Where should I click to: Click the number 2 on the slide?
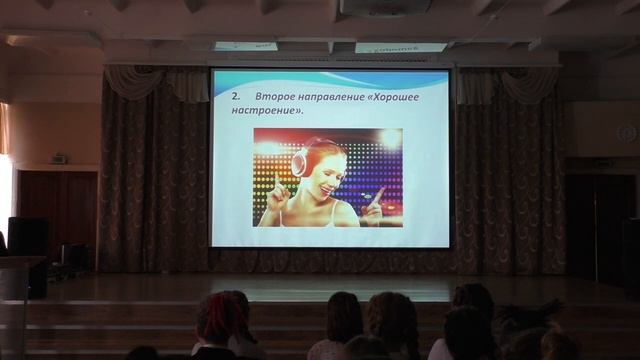(234, 98)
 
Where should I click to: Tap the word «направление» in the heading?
(336, 98)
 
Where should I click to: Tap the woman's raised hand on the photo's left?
(279, 190)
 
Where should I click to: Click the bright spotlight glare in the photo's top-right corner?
(390, 139)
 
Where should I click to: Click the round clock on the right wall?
(626, 132)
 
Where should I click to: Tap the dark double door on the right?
(599, 225)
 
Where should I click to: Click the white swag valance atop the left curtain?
(135, 82)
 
